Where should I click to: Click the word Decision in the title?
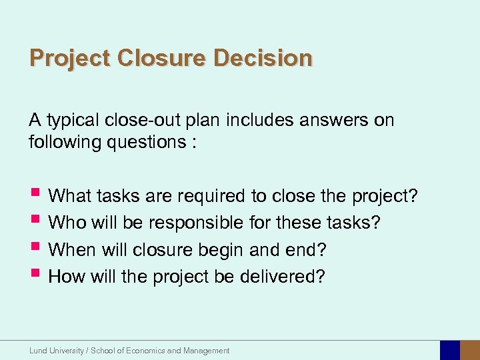[x=263, y=58]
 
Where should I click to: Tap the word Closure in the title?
[x=162, y=58]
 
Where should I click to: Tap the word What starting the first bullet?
[x=71, y=196]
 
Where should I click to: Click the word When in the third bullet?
[x=72, y=249]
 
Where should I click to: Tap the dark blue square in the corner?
[x=450, y=350]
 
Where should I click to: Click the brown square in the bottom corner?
[x=471, y=350]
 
